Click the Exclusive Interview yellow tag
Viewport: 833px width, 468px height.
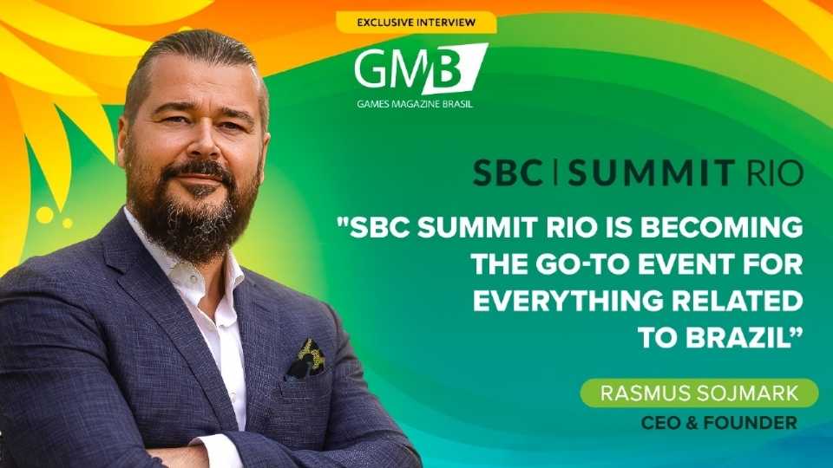coord(416,23)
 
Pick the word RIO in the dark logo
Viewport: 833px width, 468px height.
coord(774,172)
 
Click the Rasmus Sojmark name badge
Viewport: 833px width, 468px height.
coord(699,394)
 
